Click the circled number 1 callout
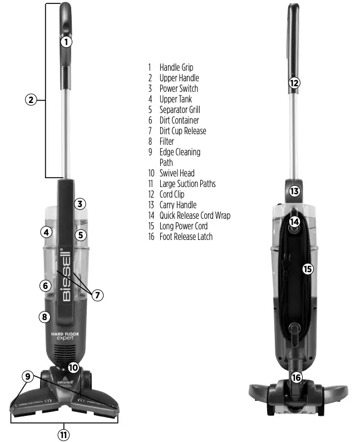(x=66, y=42)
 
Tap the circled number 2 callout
(x=31, y=100)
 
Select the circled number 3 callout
(x=80, y=204)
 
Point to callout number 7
(x=97, y=295)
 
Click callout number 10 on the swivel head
(x=74, y=367)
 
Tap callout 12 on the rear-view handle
(x=294, y=84)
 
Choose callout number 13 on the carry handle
(x=294, y=191)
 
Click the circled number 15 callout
(x=308, y=269)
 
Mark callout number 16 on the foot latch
(x=296, y=377)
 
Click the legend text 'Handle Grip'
(x=176, y=67)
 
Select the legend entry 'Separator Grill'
(x=179, y=110)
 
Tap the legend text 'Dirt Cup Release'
(x=183, y=131)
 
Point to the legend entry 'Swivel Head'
(x=177, y=173)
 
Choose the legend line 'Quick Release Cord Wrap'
(x=195, y=215)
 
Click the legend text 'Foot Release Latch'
(x=186, y=237)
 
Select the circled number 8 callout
(x=45, y=317)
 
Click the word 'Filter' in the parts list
(x=166, y=141)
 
